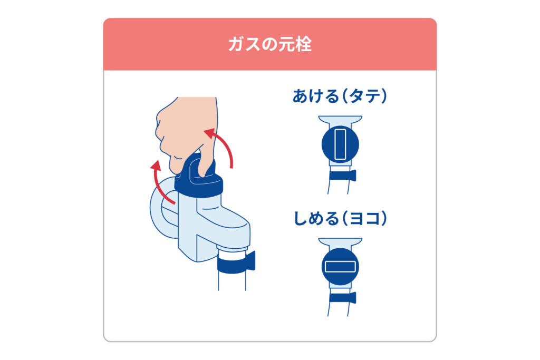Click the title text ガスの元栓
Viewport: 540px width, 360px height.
click(269, 45)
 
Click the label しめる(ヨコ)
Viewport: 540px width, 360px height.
click(340, 218)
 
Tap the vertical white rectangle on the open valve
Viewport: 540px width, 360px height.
click(340, 144)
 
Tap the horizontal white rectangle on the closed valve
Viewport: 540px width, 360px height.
click(340, 267)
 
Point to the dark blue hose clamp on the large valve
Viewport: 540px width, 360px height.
click(235, 262)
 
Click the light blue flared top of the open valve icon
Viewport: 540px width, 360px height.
click(340, 120)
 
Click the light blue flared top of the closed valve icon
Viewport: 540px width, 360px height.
click(340, 243)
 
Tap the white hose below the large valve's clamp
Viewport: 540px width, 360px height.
click(232, 282)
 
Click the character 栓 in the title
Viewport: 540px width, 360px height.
click(303, 45)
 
